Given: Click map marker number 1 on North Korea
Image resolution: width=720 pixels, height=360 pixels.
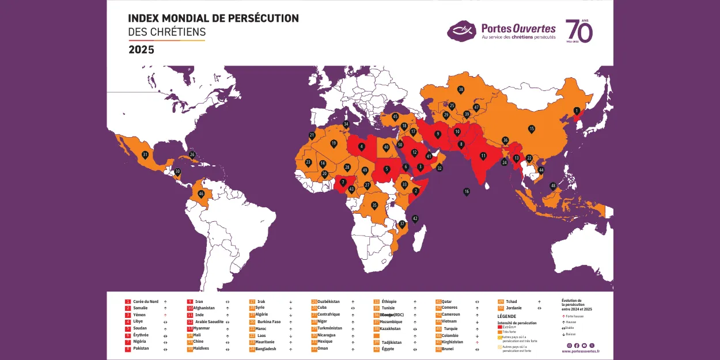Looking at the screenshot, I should point(577,111).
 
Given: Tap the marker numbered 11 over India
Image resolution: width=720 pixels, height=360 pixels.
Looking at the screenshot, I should point(483,156).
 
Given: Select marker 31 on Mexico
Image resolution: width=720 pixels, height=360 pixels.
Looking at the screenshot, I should point(145,154).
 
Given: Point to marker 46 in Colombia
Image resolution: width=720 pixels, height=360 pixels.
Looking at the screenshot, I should point(201,194).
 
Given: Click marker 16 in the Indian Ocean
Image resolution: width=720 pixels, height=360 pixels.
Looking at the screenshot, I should point(467,191).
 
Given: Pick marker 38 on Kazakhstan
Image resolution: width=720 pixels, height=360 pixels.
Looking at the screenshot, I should point(461,89).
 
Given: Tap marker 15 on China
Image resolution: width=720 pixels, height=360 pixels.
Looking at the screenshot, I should point(532,129).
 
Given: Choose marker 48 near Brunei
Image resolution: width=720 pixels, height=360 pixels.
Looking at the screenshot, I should point(553,185).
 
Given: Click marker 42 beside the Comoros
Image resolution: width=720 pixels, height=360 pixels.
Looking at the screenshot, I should point(415,218).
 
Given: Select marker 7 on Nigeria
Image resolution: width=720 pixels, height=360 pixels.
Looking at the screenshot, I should point(343,182).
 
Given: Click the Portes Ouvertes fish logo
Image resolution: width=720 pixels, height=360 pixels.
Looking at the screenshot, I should point(463,29).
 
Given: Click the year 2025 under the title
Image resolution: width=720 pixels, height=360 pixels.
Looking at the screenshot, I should point(141,50).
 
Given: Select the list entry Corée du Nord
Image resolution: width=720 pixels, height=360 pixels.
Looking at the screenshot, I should point(145,302).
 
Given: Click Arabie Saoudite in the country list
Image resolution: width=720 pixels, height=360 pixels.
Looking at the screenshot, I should point(209,322).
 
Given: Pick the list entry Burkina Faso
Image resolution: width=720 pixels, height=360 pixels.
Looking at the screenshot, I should point(269,322).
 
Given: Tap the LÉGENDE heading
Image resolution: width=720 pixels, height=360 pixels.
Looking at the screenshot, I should point(506,316).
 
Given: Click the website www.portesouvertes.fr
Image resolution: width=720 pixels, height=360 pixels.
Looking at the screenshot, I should point(580,351).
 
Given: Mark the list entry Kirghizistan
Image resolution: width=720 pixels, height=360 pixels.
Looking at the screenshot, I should point(452,342).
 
